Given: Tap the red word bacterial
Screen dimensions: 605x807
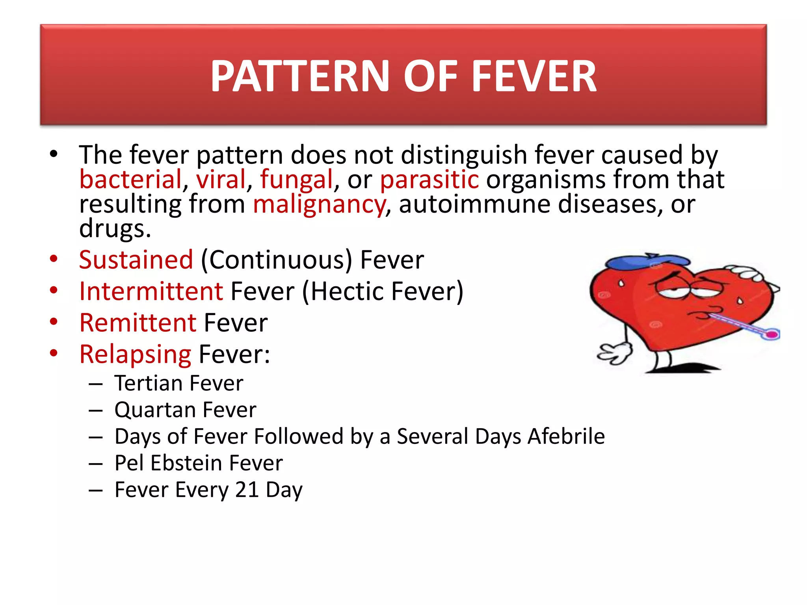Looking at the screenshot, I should [x=130, y=180].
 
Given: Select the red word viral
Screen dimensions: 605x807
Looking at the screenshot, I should [x=221, y=180].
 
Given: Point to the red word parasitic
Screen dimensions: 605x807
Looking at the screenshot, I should [x=429, y=180].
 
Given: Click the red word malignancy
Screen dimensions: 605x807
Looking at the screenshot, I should [x=319, y=205].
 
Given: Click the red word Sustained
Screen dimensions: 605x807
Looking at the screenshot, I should [x=136, y=260].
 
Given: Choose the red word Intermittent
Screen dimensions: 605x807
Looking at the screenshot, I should [x=151, y=291].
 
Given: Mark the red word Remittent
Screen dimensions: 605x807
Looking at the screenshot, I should [x=138, y=323].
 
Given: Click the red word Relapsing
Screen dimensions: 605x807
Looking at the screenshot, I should [x=135, y=354].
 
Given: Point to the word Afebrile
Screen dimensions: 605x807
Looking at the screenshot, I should [x=566, y=436].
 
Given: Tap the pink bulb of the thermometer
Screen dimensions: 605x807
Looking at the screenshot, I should [x=772, y=335].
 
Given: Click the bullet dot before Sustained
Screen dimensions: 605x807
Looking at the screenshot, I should [x=54, y=259].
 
